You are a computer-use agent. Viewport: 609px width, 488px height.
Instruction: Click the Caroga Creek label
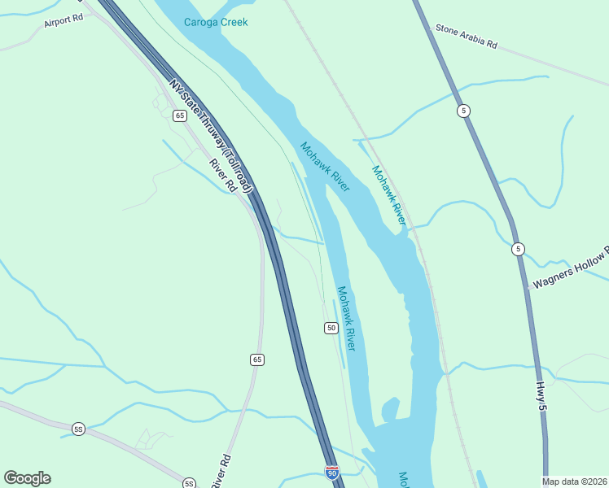(216, 22)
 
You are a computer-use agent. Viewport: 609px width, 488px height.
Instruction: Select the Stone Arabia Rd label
(466, 37)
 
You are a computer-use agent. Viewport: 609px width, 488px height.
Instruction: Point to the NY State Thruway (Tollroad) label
(212, 136)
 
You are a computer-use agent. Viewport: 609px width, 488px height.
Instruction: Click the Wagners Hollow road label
(570, 269)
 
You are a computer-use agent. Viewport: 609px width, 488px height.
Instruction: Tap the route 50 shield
(331, 328)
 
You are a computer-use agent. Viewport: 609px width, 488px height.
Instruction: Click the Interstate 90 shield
(331, 472)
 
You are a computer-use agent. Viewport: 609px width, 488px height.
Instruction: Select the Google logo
(27, 478)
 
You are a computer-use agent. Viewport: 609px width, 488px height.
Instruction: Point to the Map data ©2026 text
(575, 481)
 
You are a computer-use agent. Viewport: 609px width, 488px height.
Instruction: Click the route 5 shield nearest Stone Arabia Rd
(463, 111)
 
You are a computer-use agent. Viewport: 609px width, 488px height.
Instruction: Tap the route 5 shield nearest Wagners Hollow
(518, 249)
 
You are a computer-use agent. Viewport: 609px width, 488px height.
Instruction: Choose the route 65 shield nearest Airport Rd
(180, 115)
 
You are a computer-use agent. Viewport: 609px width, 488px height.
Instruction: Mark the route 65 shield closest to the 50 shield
(257, 359)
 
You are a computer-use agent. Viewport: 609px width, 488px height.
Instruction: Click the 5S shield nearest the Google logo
(78, 429)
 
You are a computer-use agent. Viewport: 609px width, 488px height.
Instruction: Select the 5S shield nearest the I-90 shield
(189, 482)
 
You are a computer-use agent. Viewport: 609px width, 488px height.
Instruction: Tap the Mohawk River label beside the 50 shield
(346, 318)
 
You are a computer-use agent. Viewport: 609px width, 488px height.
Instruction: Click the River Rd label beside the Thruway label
(222, 175)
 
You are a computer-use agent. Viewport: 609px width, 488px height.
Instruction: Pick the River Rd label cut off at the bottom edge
(221, 473)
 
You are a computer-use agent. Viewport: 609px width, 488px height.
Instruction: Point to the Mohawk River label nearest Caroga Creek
(325, 167)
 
